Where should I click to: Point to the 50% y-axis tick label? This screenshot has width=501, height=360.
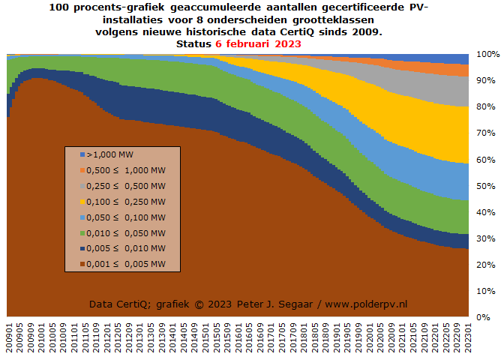(x=485, y=186)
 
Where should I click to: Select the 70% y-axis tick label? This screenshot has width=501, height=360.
(x=485, y=133)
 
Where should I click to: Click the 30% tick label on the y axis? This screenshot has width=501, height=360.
(x=485, y=238)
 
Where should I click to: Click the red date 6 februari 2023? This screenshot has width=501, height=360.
(x=258, y=44)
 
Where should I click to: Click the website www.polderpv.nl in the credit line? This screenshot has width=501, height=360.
(x=367, y=304)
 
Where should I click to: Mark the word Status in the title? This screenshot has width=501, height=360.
(x=193, y=44)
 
